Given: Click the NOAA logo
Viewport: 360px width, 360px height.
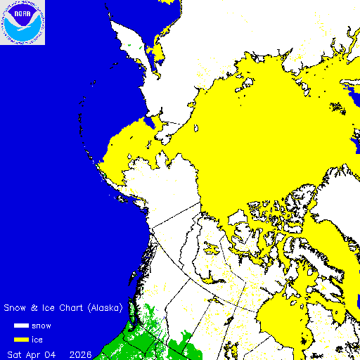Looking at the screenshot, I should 22,22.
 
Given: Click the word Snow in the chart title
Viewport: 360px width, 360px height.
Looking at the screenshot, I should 16,308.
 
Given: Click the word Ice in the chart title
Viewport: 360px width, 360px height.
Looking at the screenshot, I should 49,308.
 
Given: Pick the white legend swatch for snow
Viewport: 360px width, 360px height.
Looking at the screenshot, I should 22,326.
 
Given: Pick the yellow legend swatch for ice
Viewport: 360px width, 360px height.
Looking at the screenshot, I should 22,340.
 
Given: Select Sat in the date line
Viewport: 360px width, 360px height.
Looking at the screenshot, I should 14,352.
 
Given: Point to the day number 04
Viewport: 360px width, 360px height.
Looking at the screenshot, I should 52,352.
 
